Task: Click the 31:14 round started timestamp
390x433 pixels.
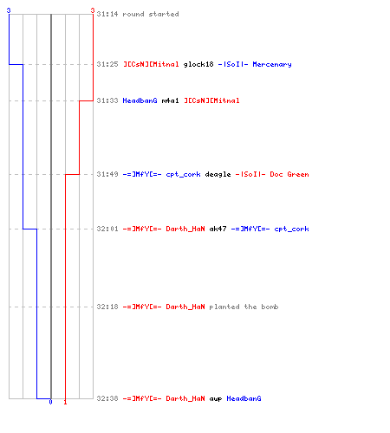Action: [x=107, y=14]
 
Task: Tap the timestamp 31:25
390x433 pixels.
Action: [x=107, y=64]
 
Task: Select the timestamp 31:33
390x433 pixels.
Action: [x=107, y=100]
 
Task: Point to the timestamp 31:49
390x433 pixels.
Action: [x=107, y=174]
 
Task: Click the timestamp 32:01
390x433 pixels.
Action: [x=107, y=229]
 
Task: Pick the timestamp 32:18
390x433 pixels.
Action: [x=107, y=307]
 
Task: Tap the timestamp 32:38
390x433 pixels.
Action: [x=107, y=398]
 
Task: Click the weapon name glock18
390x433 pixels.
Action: [x=198, y=64]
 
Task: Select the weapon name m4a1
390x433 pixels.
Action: [x=170, y=100]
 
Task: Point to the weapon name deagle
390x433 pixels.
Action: [x=218, y=174]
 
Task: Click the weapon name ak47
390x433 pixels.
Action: [x=218, y=229]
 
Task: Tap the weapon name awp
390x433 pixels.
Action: [x=216, y=399]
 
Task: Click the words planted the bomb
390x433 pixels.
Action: [x=244, y=307]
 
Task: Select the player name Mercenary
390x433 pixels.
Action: [x=272, y=64]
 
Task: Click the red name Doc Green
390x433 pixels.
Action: [x=289, y=174]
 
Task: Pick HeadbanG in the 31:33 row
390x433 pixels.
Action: [x=140, y=100]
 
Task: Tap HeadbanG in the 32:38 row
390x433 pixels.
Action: [x=244, y=398]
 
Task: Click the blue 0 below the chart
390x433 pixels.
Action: [x=50, y=402]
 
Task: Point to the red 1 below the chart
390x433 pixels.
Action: [x=65, y=402]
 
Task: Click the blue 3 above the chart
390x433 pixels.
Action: [x=9, y=10]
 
